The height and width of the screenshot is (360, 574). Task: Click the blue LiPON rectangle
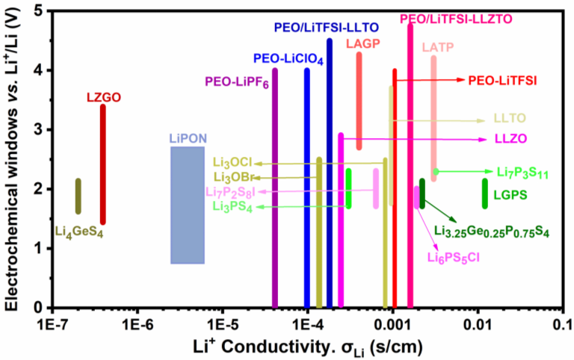(x=188, y=205)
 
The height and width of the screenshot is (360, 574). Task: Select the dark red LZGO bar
(x=103, y=164)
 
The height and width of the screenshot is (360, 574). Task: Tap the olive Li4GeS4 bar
(x=78, y=196)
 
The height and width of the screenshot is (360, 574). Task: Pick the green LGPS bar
(x=484, y=193)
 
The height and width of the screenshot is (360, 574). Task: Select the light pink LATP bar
(x=433, y=113)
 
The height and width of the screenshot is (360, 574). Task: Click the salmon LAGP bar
(x=359, y=101)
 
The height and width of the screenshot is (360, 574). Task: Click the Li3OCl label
(x=232, y=162)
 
